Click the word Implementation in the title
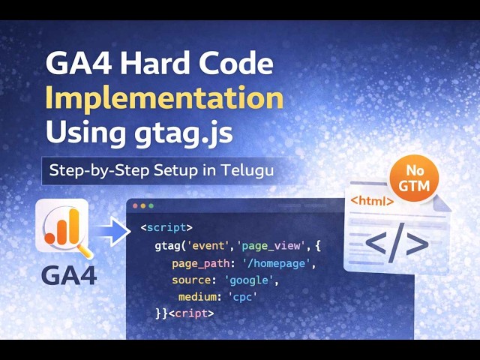tap(164, 98)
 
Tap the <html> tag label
tap(373, 201)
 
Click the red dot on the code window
tap(135, 205)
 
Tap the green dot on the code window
tap(151, 205)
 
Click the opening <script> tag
tap(166, 227)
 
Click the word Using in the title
tap(80, 133)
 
